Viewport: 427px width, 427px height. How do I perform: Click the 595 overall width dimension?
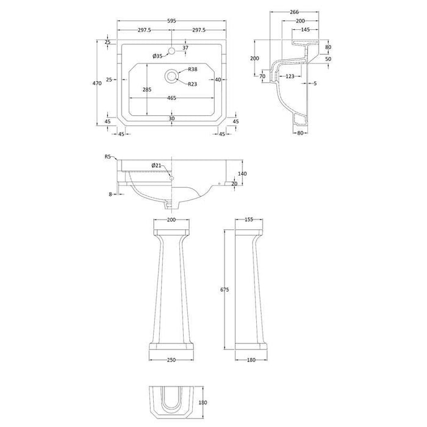(x=173, y=21)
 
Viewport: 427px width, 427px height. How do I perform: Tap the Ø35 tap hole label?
(x=157, y=56)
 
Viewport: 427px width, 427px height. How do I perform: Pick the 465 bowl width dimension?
(x=173, y=98)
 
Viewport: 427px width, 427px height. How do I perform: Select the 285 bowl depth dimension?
(x=146, y=89)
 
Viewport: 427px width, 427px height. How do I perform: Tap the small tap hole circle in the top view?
(x=173, y=51)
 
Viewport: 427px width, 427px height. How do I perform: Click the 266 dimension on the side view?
(x=294, y=11)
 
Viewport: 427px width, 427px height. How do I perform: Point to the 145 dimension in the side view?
(x=304, y=29)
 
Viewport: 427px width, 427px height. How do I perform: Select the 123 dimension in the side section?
(x=290, y=76)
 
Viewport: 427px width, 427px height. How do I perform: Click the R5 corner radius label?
(x=107, y=157)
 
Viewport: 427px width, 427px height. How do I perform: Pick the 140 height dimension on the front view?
(x=243, y=173)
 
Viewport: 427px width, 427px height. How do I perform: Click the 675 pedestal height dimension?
(x=224, y=291)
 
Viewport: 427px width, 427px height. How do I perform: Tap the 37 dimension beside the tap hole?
(x=186, y=48)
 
